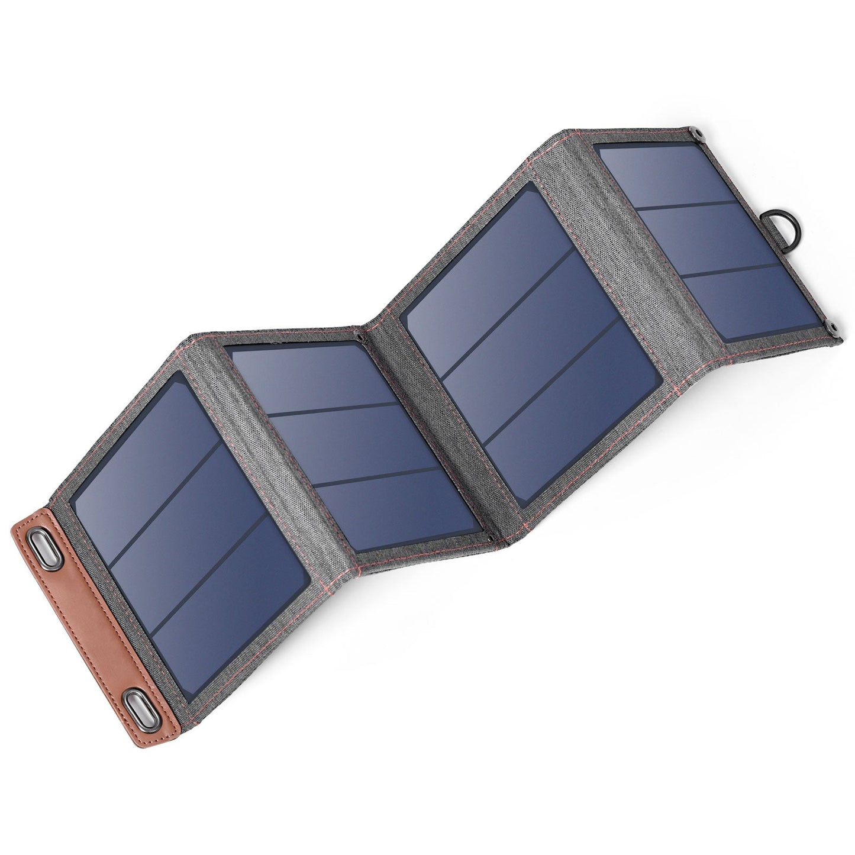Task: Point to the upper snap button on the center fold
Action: (x=359, y=337)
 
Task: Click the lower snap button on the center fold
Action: (x=491, y=538)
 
